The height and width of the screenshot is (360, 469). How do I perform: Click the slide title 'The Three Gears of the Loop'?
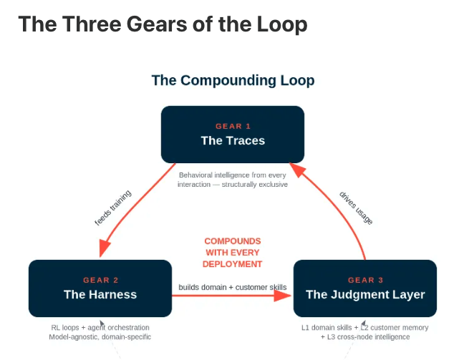coord(163,24)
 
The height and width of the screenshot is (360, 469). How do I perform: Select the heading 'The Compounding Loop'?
coord(233,80)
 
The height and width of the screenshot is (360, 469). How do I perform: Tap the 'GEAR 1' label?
coord(233,126)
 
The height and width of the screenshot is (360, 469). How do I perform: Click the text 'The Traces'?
coord(233,140)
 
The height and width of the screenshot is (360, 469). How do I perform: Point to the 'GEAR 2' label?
coord(101,280)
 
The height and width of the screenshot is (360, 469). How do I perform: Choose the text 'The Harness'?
coord(100,295)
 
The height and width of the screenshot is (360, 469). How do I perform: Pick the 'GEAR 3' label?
coord(365,280)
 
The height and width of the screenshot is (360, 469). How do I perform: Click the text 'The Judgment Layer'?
coord(365,295)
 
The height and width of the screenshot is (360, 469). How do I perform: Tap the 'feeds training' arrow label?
coord(112,208)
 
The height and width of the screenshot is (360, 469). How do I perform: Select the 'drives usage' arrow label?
coord(356,208)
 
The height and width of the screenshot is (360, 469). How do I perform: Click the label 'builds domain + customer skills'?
coord(233,287)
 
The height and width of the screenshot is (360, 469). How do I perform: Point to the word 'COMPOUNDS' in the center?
coord(233,241)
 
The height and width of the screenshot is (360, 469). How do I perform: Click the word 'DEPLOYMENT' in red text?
coord(233,264)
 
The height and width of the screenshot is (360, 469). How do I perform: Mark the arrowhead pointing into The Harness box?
coord(104,248)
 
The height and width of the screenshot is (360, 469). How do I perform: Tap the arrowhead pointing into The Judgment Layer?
coord(282,296)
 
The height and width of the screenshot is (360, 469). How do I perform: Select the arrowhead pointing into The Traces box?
coord(298,170)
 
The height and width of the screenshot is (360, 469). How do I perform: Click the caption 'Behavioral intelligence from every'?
coord(233,175)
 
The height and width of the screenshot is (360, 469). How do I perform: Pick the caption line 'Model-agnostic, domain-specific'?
coord(100,337)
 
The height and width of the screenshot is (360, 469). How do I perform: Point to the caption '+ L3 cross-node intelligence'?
coord(365,337)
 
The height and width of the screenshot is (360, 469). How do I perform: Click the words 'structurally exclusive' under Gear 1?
coord(254,185)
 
